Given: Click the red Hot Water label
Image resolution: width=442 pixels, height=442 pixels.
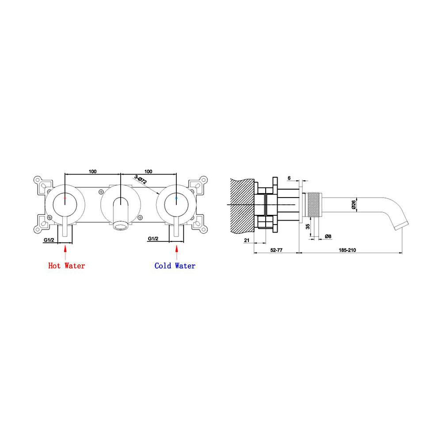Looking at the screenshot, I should [66, 266].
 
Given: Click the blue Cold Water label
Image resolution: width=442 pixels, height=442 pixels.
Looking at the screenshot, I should [175, 266].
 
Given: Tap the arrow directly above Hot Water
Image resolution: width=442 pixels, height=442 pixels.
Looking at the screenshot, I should [65, 251].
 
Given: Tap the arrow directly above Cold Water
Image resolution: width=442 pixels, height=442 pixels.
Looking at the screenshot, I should [177, 251].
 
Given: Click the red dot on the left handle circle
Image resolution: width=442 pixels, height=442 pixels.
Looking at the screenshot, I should [65, 198].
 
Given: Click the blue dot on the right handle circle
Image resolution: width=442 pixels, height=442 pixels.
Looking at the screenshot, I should [177, 198].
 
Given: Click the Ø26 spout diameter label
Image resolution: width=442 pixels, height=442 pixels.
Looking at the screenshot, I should [354, 204].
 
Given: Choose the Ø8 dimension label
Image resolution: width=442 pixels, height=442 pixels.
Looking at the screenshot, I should [328, 236].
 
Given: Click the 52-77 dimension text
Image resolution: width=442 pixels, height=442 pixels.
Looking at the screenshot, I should [276, 250].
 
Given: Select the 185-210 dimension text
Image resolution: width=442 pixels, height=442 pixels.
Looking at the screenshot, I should [348, 250].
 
